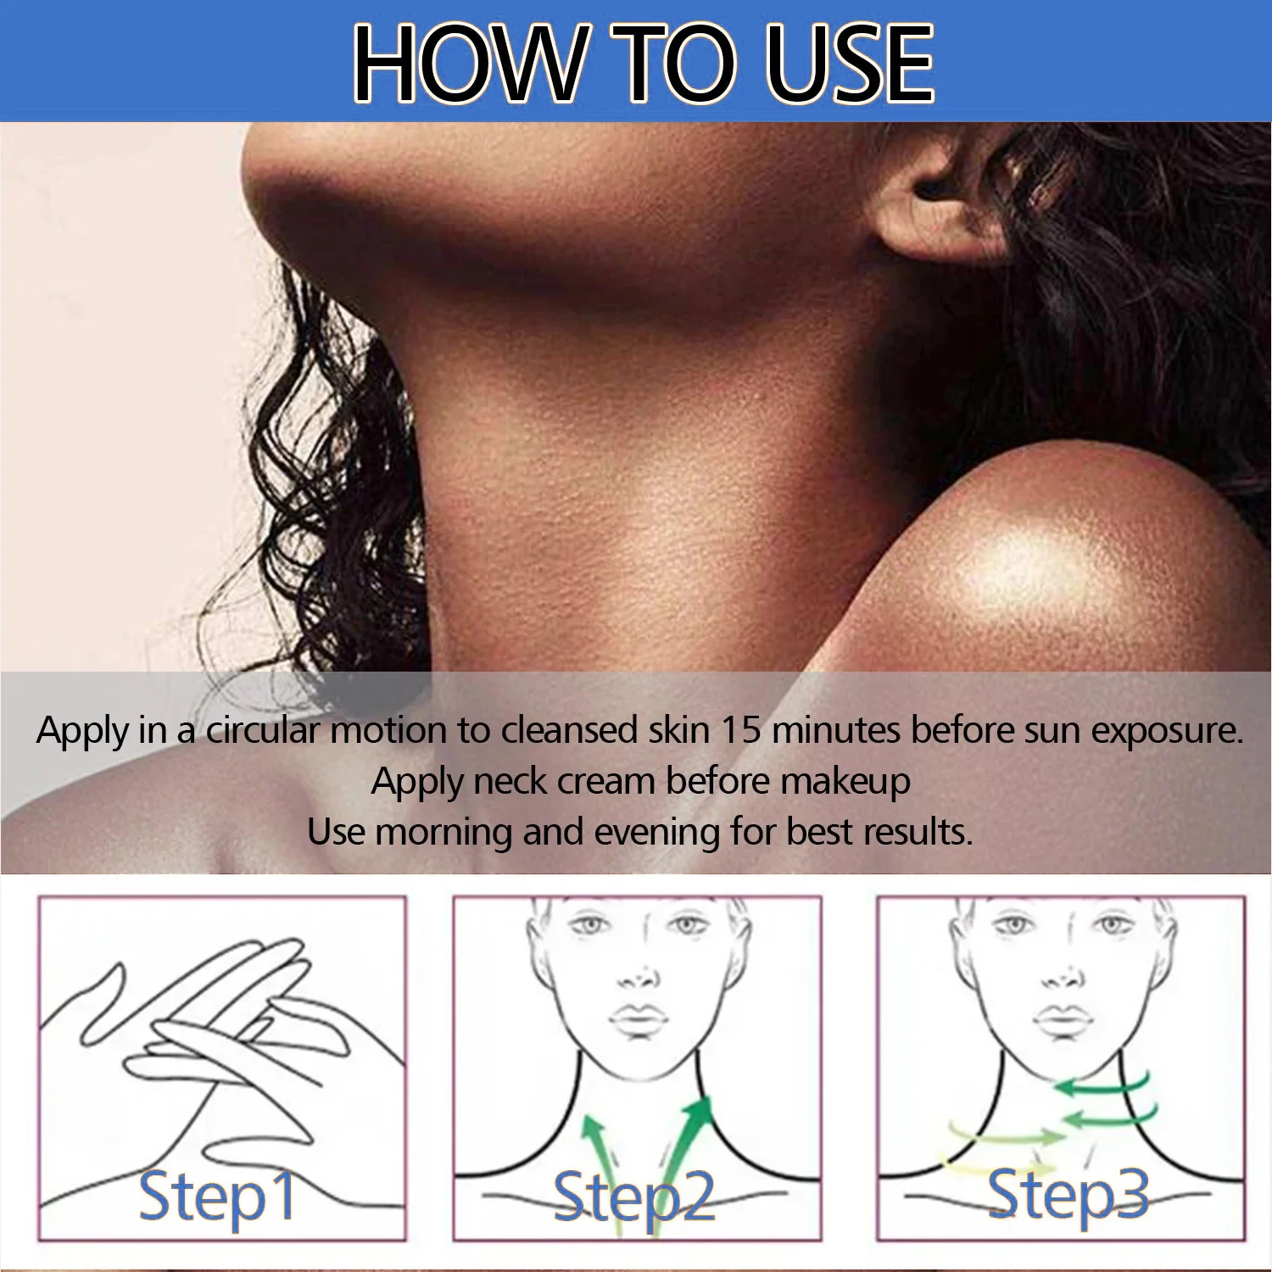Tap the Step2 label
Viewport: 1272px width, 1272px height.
[634, 1196]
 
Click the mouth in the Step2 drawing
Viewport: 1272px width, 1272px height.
[638, 1018]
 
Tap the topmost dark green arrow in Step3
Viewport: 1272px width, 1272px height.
[1102, 1085]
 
